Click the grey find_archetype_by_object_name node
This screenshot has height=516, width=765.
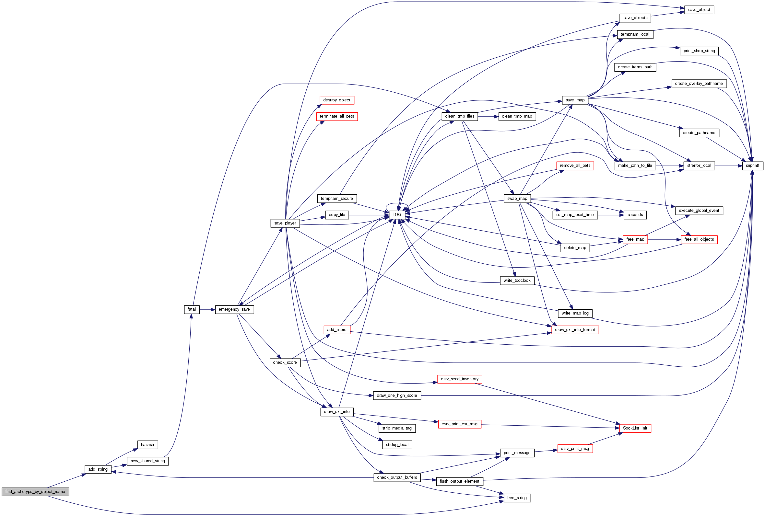[x=35, y=492]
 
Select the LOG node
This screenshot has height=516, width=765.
[x=397, y=215]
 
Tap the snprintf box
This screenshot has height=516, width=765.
[x=752, y=166]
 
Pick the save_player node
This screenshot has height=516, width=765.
[x=285, y=223]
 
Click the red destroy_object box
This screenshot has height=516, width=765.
[x=337, y=100]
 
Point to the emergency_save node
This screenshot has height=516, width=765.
[x=234, y=309]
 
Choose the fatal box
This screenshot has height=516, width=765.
[x=192, y=309]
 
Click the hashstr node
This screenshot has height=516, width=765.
[x=147, y=445]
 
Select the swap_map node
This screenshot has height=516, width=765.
[x=517, y=199]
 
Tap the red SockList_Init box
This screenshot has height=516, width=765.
[x=635, y=428]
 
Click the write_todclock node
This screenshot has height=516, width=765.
[x=517, y=281]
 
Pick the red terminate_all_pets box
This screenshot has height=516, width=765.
[x=337, y=116]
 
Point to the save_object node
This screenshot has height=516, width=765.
[x=699, y=10]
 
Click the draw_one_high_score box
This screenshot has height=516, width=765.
[x=397, y=396]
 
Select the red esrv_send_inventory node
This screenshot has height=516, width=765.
[x=460, y=379]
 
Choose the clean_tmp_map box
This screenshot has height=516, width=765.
[x=517, y=116]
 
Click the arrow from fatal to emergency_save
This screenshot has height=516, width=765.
[x=207, y=309]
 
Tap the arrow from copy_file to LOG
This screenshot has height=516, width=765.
[x=369, y=215]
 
